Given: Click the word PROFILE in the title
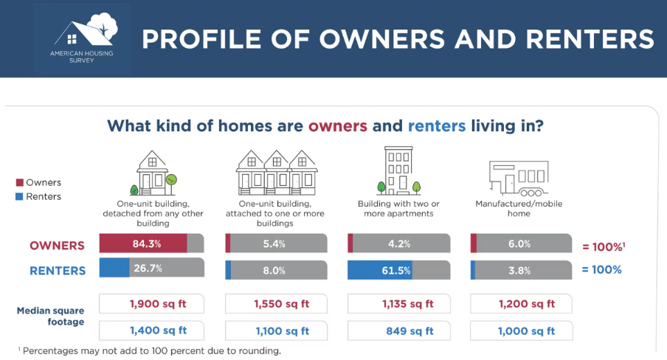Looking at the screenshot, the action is tap(201, 39).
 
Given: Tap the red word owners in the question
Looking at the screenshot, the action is tap(338, 126).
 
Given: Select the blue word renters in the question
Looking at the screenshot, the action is tap(437, 126).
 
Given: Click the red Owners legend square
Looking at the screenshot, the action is tap(20, 182).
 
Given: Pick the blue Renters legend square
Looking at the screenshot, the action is tap(20, 196).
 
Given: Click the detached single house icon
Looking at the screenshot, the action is tap(153, 173).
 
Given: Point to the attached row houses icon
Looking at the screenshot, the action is tap(277, 173).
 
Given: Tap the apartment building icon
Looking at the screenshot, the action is tap(398, 170).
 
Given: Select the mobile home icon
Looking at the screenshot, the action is tap(519, 178).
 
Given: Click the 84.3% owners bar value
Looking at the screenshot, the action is tap(147, 244).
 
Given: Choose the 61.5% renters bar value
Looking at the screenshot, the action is tap(396, 271).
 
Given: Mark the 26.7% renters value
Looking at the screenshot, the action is tap(148, 269).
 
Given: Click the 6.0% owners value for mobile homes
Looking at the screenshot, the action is tap(519, 244).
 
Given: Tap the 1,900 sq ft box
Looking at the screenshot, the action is tap(151, 304).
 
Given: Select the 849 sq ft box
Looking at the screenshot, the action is tap(399, 330).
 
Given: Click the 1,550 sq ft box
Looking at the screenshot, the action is tap(276, 304).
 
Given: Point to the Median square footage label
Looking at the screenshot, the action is tap(51, 316).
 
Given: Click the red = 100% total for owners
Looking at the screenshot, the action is tap(604, 246).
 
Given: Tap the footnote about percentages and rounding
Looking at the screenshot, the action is tap(150, 350).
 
